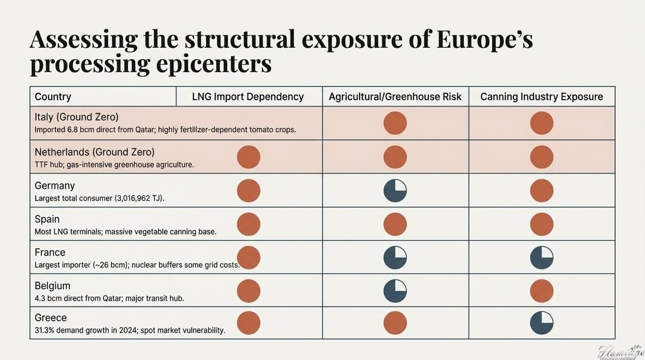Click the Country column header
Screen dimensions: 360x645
pyautogui.click(x=53, y=97)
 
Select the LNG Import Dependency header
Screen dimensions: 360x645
pyautogui.click(x=248, y=97)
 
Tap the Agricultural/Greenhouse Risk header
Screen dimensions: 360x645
pyautogui.click(x=395, y=97)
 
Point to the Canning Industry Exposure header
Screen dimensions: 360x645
pyautogui.click(x=541, y=97)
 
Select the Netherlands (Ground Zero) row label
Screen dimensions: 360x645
pyautogui.click(x=91, y=152)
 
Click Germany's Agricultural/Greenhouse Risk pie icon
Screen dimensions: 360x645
pyautogui.click(x=395, y=191)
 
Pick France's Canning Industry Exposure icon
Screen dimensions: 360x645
pyautogui.click(x=542, y=257)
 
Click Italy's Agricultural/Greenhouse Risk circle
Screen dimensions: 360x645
pyautogui.click(x=395, y=124)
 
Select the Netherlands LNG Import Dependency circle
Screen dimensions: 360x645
pyautogui.click(x=249, y=157)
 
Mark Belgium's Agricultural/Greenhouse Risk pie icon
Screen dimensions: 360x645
pyautogui.click(x=395, y=291)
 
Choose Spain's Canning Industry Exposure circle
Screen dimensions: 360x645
pyautogui.click(x=542, y=224)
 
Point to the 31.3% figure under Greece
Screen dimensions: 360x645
pyautogui.click(x=47, y=330)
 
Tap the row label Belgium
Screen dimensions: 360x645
pyautogui.click(x=52, y=285)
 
